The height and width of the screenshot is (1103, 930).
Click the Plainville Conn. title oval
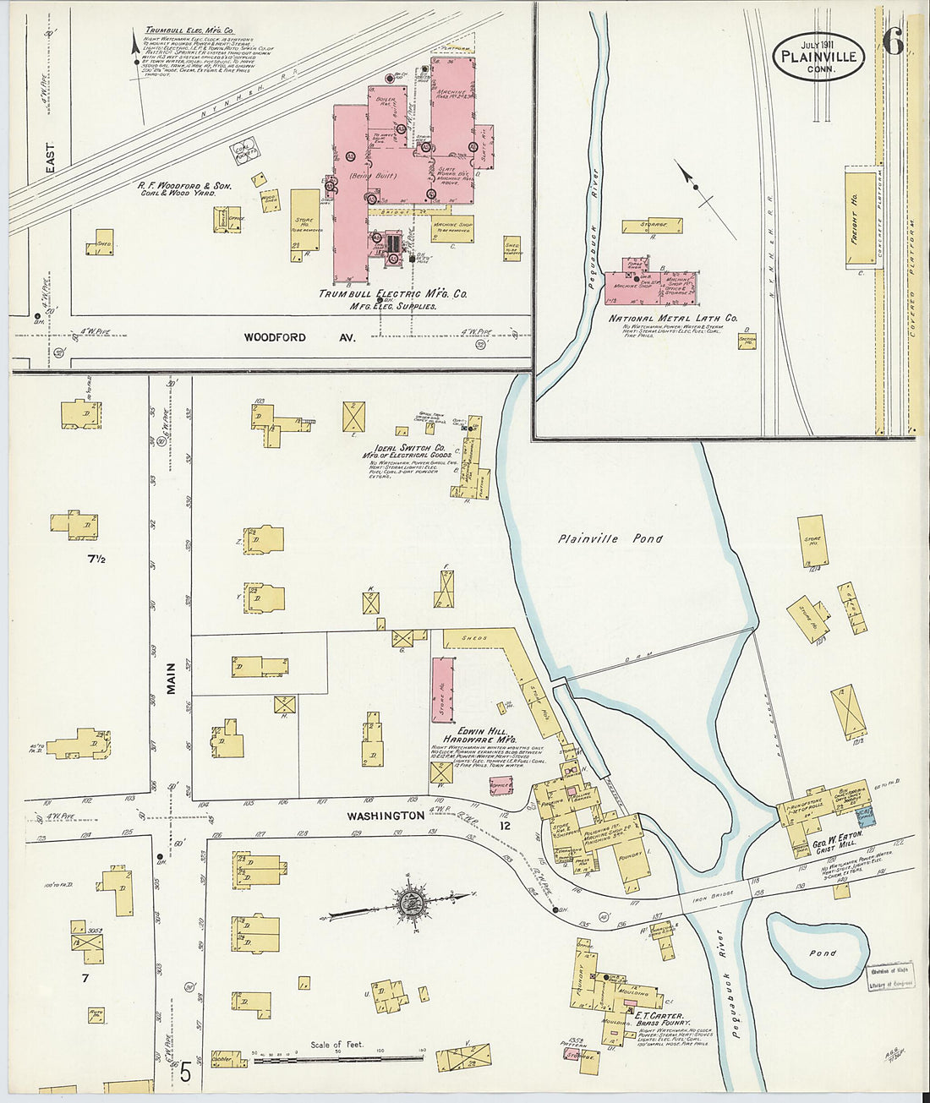[x=818, y=57]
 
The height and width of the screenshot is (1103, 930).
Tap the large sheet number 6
[x=892, y=40]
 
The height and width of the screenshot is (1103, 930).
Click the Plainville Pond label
[x=610, y=538]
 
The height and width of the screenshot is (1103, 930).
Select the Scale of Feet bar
[x=338, y=1057]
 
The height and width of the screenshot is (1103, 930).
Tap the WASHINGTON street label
[x=385, y=816]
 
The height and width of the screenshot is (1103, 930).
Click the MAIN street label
[x=170, y=678]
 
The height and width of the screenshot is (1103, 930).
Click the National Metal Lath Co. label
[x=673, y=319]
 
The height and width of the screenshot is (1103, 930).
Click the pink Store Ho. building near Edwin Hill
[x=441, y=690]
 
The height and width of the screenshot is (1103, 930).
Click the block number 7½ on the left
[x=96, y=559]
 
